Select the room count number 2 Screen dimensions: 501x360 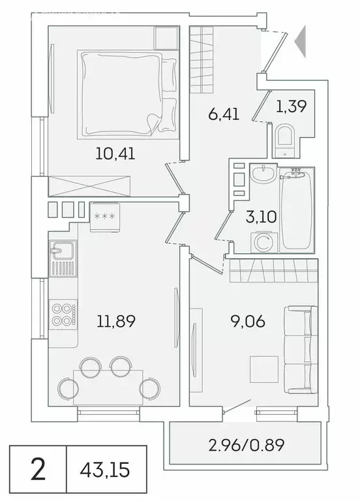pos(38,470)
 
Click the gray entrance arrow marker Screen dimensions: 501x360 pos(301,41)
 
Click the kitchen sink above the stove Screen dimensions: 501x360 pos(62,252)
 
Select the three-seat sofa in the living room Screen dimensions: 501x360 pos(301,344)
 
